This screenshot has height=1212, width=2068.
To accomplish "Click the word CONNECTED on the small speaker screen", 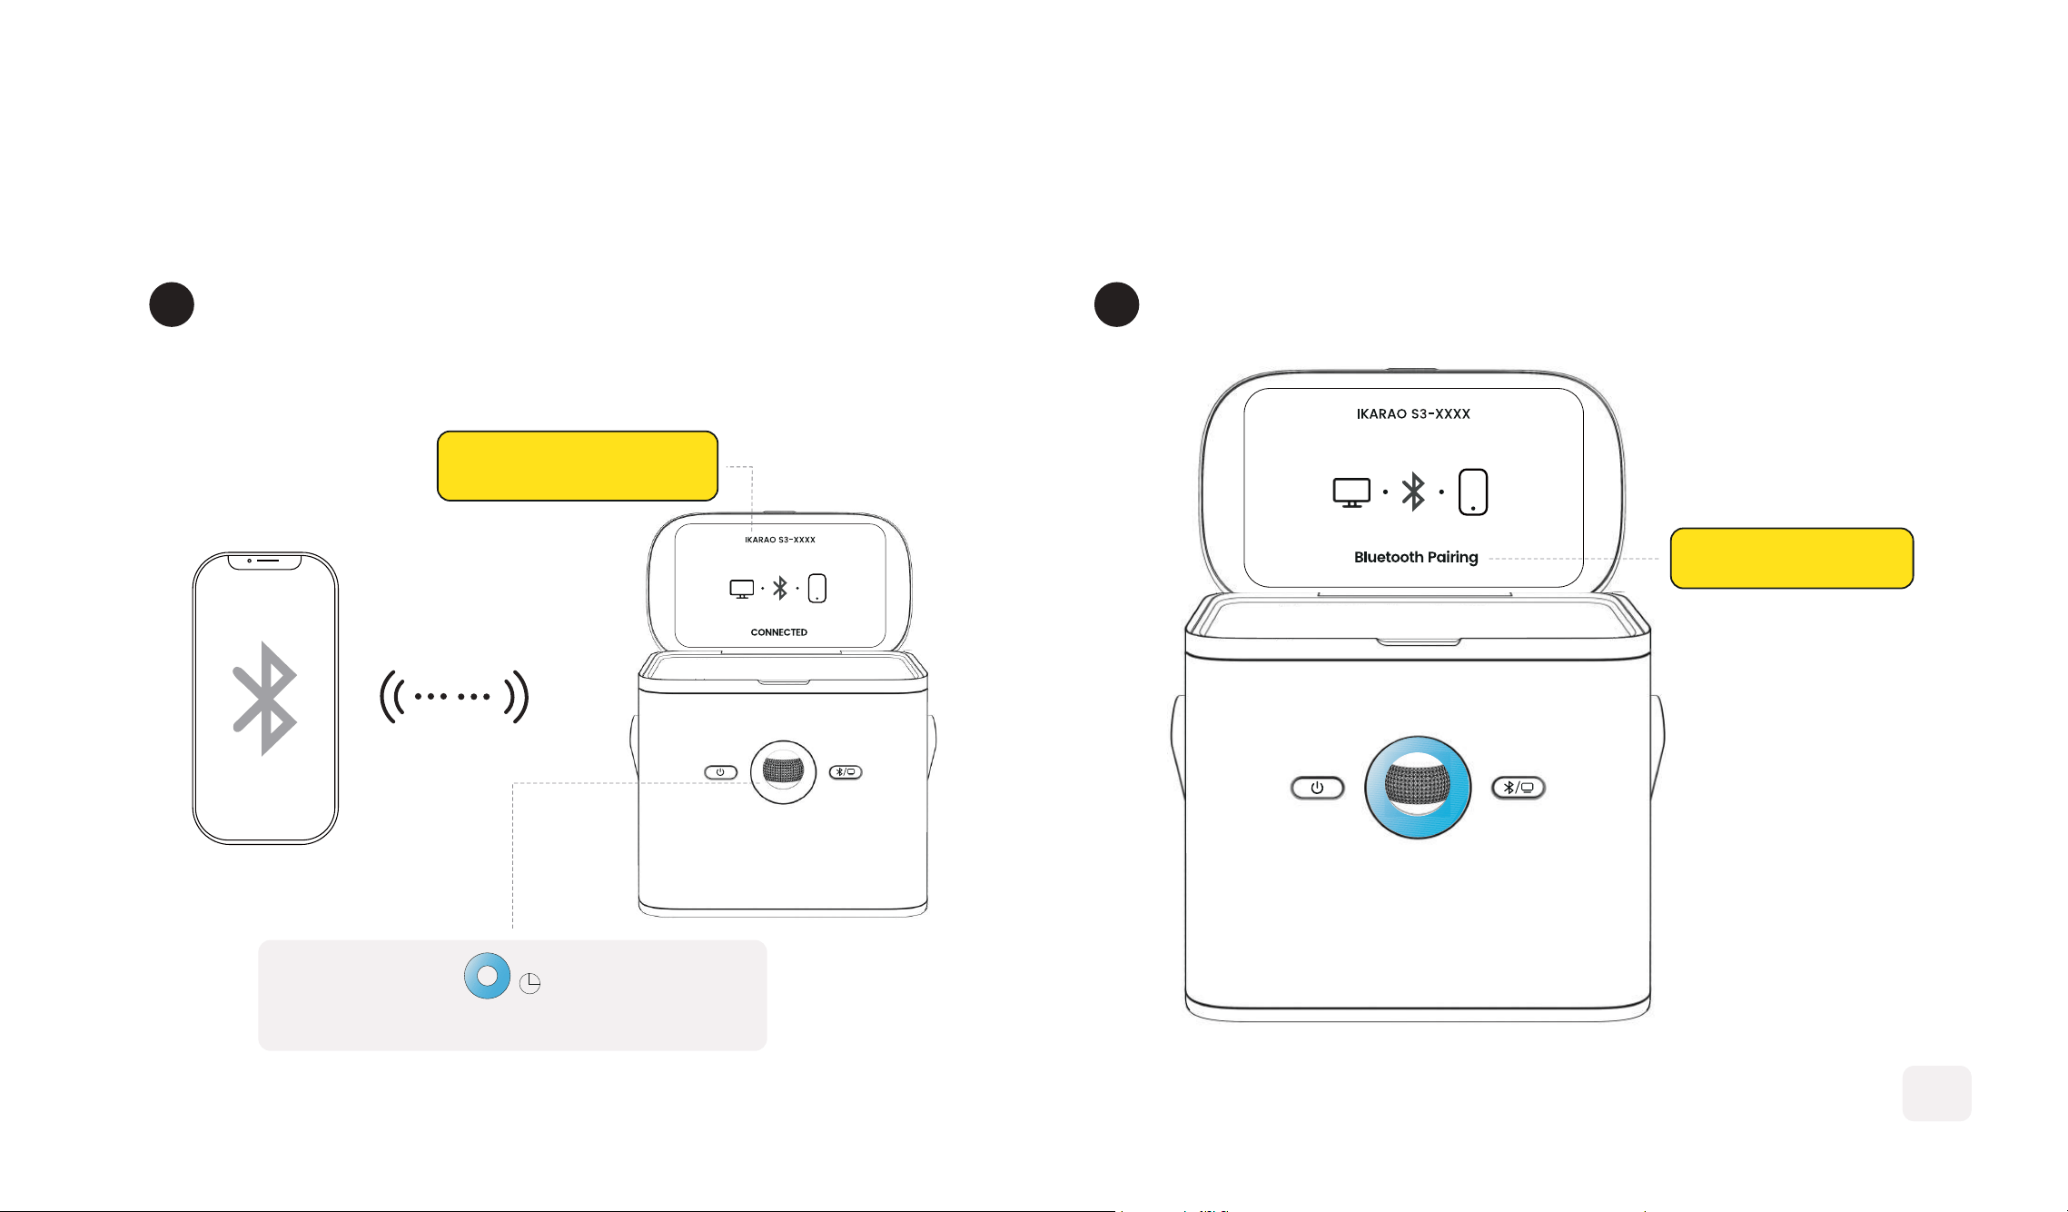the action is pyautogui.click(x=778, y=632).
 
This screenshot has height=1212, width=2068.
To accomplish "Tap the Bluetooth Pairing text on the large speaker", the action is pyautogui.click(x=1416, y=557).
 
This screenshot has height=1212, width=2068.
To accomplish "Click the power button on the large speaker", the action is pyautogui.click(x=1317, y=788).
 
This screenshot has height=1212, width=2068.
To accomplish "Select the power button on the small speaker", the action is pyautogui.click(x=720, y=772).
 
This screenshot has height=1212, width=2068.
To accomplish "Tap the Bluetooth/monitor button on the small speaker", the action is pyautogui.click(x=846, y=772).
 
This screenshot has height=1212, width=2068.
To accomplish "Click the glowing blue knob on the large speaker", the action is pyautogui.click(x=1418, y=787).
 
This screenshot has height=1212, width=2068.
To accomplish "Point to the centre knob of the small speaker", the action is pyautogui.click(x=783, y=772).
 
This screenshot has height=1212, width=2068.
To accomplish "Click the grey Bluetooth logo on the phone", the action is pyautogui.click(x=264, y=698).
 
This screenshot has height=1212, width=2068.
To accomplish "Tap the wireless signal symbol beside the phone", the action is pyautogui.click(x=454, y=697).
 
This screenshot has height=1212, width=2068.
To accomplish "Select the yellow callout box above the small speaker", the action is pyautogui.click(x=578, y=466).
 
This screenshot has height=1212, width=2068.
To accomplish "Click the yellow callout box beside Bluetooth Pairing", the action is pyautogui.click(x=1792, y=558).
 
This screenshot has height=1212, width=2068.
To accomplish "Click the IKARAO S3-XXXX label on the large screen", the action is pyautogui.click(x=1413, y=414).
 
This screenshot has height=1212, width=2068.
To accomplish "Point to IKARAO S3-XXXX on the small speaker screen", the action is pyautogui.click(x=780, y=540).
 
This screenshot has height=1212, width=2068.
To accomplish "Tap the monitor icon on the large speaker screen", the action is pyautogui.click(x=1351, y=492).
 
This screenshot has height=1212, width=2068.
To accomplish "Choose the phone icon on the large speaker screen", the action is pyautogui.click(x=1473, y=492).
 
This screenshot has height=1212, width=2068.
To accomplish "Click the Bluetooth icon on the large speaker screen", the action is pyautogui.click(x=1413, y=492).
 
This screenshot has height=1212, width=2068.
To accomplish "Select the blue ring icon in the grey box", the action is pyautogui.click(x=488, y=976).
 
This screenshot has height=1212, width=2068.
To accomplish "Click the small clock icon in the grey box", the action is pyautogui.click(x=530, y=983).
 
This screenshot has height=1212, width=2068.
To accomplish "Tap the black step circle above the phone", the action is pyautogui.click(x=172, y=304).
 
